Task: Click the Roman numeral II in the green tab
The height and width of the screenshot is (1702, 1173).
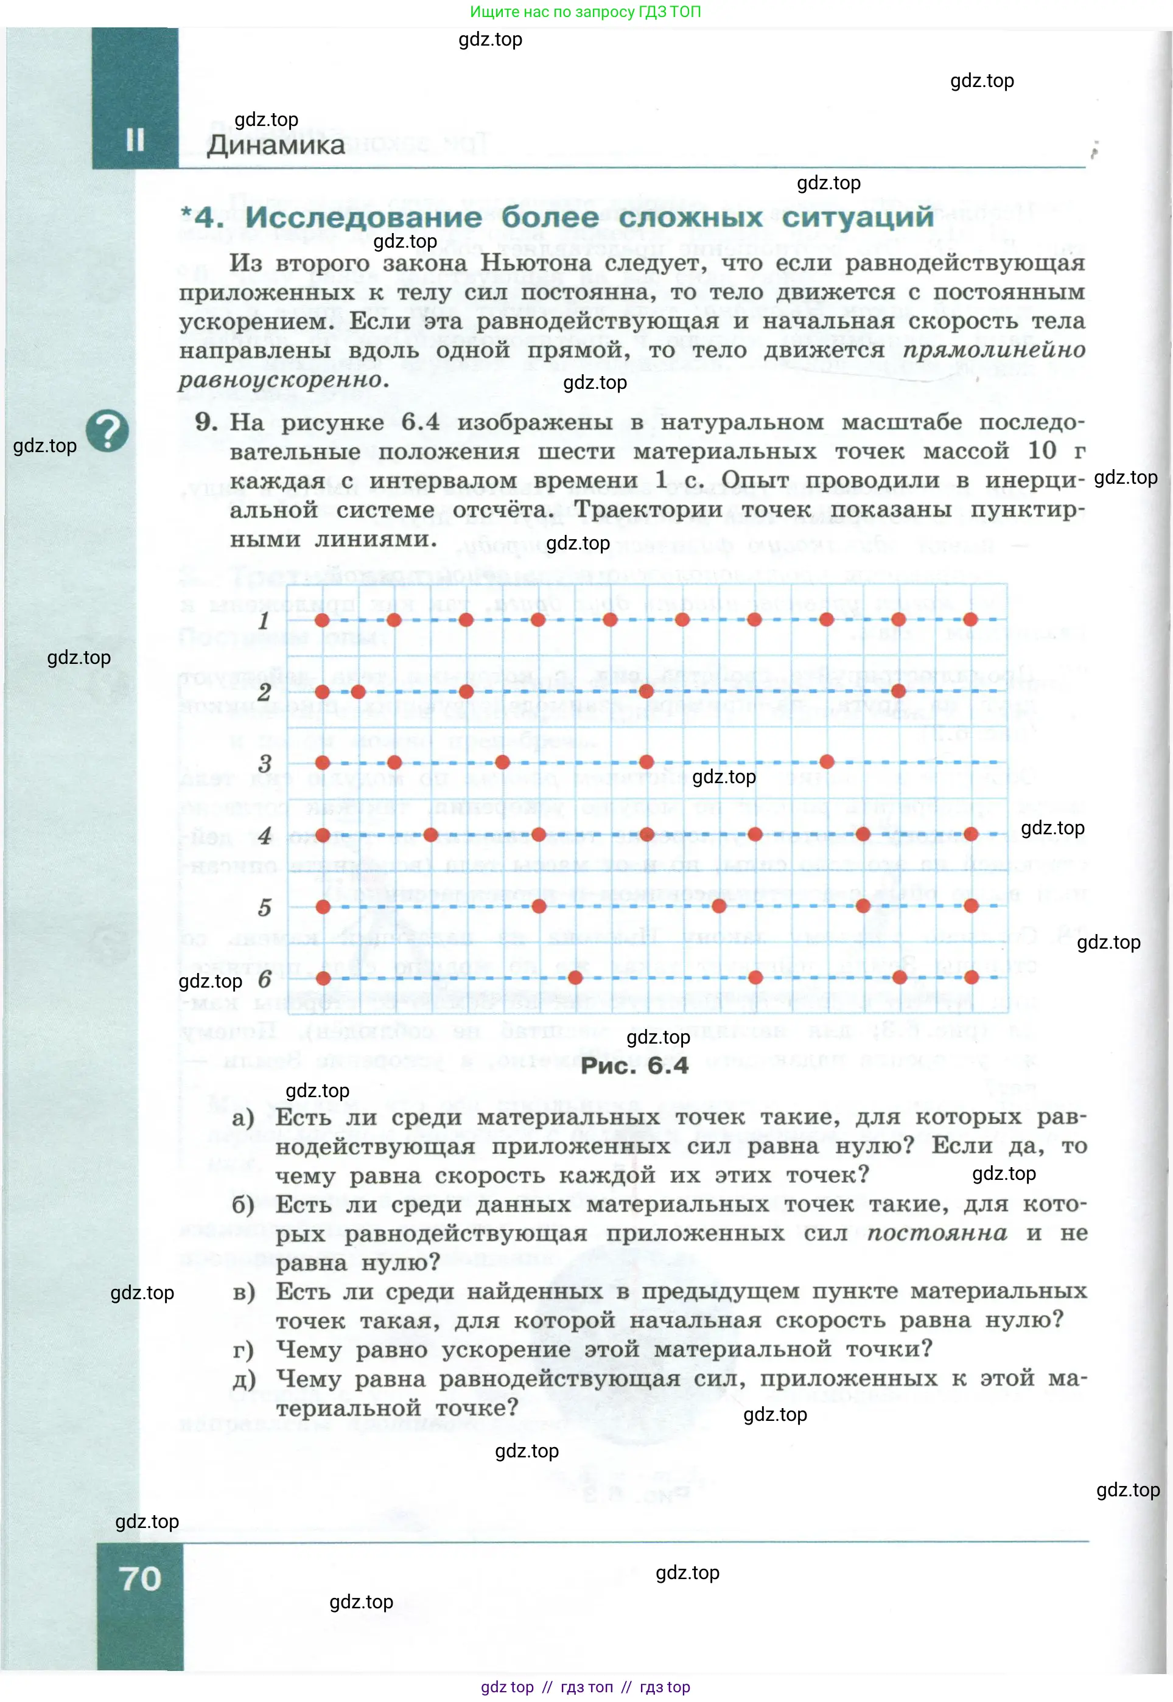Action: click(135, 139)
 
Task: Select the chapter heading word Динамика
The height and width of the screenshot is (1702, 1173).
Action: click(276, 145)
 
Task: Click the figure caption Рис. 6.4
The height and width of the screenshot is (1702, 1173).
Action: click(634, 1066)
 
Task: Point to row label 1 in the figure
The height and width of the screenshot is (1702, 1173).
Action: click(264, 621)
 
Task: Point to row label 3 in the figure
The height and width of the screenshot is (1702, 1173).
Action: click(265, 763)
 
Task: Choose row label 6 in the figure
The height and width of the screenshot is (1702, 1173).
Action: click(265, 979)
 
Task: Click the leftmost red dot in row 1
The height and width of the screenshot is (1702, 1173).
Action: click(322, 620)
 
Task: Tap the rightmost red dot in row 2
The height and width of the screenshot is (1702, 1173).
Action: click(898, 691)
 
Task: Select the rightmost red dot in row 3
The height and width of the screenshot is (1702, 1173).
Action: click(826, 761)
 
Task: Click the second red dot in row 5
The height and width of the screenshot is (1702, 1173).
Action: click(539, 905)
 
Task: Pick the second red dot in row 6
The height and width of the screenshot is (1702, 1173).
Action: click(575, 977)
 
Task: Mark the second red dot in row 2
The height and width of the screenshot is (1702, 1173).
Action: click(358, 691)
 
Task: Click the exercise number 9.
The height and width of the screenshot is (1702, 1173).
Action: click(206, 422)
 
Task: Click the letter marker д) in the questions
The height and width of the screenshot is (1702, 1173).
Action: click(244, 1379)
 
